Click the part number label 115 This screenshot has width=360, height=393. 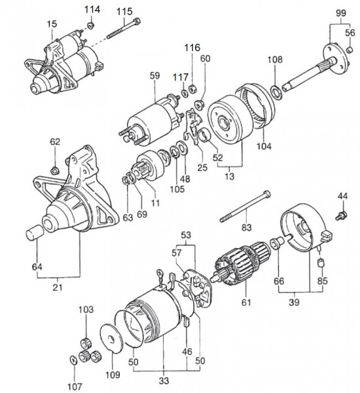[x=124, y=12]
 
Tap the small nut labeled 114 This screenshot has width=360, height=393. [x=91, y=25]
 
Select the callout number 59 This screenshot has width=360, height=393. [x=154, y=76]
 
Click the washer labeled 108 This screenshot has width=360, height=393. [x=277, y=92]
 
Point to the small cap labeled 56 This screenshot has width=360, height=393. [x=350, y=50]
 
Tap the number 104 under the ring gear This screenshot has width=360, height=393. [x=264, y=146]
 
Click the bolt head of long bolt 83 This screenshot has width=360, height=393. [x=267, y=194]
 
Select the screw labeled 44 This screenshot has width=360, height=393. [x=342, y=215]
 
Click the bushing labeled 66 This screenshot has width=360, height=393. [x=276, y=243]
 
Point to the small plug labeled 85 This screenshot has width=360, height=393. [x=321, y=263]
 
